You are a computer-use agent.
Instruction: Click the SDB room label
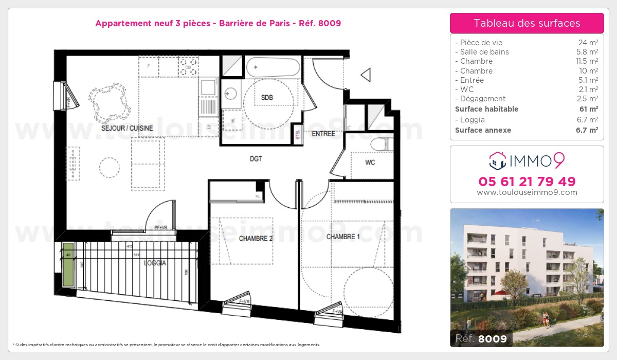pos(267,98)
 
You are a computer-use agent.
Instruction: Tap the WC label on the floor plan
pos(370,163)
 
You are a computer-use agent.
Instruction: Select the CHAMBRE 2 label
pos(256,239)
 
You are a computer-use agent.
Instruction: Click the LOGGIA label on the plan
pos(155,263)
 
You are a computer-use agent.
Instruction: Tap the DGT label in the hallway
pos(256,159)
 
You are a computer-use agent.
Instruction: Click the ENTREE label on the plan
pos(323,134)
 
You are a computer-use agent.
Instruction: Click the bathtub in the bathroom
pos(273,67)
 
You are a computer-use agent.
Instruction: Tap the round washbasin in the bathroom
pos(230,93)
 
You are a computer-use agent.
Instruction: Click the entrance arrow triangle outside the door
pos(366,75)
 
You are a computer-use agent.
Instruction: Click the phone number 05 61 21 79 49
pos(527,182)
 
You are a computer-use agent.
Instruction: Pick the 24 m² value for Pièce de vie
pos(590,43)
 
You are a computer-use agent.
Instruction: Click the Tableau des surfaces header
pos(527,23)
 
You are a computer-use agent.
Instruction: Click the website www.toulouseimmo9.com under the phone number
pos(527,193)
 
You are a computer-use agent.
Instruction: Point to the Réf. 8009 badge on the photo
pos(481,339)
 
